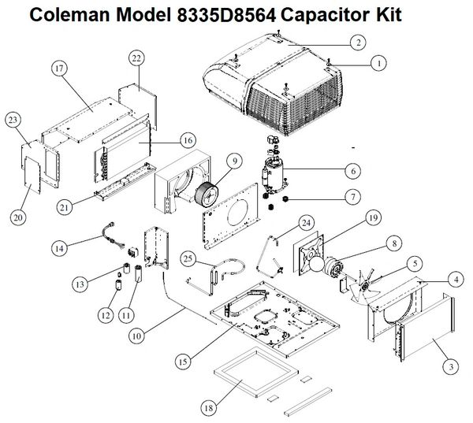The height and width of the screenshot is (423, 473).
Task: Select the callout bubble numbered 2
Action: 358,43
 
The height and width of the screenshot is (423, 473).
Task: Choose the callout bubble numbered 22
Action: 137,59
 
